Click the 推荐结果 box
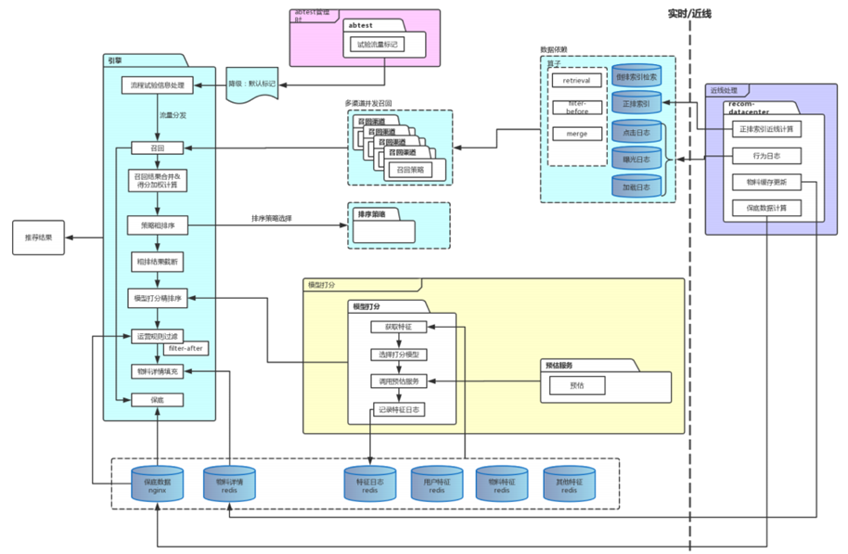tap(39, 238)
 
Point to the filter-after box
tap(186, 348)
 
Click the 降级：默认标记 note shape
tap(251, 84)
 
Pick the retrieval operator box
tap(577, 81)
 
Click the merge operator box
tap(577, 133)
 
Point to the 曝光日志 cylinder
tap(636, 159)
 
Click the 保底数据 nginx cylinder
tap(158, 484)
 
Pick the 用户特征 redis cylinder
tap(436, 484)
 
